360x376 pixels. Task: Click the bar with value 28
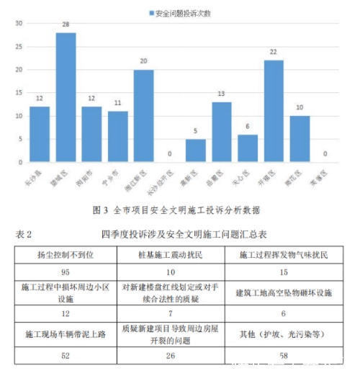click(66, 97)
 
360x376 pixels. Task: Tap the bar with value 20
click(143, 115)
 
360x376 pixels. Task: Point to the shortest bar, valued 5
click(195, 151)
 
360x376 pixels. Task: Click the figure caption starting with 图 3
click(177, 210)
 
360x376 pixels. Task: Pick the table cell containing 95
click(66, 272)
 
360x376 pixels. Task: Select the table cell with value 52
click(66, 355)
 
